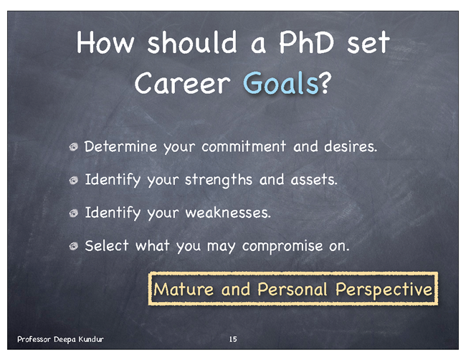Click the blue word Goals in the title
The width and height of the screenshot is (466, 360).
(x=280, y=82)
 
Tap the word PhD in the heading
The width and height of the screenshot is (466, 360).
(x=306, y=42)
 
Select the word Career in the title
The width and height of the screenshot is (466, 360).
(x=183, y=82)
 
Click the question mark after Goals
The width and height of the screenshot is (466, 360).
(x=325, y=82)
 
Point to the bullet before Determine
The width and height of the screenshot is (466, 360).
(x=73, y=146)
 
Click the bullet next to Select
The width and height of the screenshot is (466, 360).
(x=73, y=246)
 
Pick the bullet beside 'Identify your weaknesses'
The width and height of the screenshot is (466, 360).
(x=73, y=213)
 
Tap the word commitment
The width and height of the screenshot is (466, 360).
(x=244, y=146)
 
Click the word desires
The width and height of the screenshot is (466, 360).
(x=351, y=146)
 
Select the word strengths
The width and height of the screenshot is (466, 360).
(x=219, y=180)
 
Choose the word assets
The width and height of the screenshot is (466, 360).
(x=314, y=180)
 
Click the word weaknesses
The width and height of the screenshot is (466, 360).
(x=228, y=213)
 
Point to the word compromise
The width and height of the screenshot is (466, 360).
(x=282, y=247)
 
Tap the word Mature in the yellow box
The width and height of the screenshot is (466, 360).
(x=184, y=289)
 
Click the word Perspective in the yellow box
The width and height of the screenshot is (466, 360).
(x=384, y=289)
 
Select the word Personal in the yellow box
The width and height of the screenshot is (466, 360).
(x=293, y=289)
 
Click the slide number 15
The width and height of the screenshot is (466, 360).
(x=233, y=339)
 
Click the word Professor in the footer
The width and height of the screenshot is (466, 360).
(x=34, y=339)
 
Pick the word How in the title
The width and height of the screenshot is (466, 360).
(x=105, y=42)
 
